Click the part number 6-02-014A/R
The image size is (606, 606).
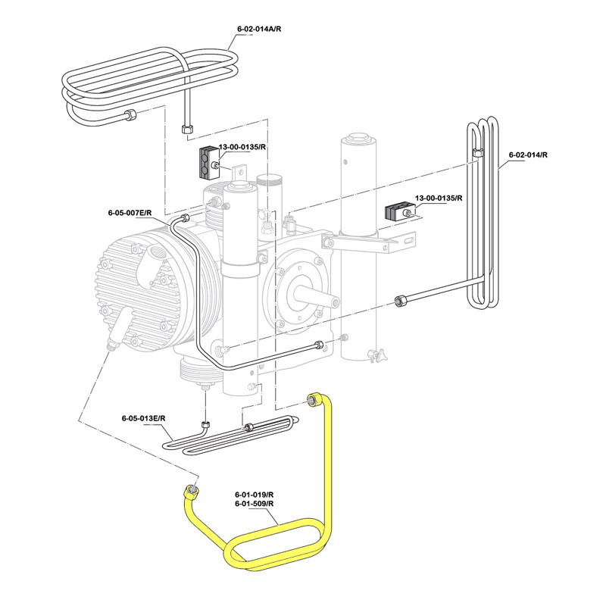click(x=259, y=28)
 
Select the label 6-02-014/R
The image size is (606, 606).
click(x=528, y=155)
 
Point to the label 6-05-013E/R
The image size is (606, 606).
click(x=143, y=418)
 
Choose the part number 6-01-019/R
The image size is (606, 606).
click(x=254, y=495)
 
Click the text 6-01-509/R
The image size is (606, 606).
click(x=254, y=504)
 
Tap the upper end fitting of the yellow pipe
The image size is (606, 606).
click(x=313, y=399)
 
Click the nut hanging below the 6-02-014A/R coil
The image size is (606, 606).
click(x=187, y=129)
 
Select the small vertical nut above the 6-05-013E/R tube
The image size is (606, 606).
click(x=205, y=425)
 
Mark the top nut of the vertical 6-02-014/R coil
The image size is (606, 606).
click(x=476, y=152)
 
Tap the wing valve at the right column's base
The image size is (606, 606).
click(x=373, y=352)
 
